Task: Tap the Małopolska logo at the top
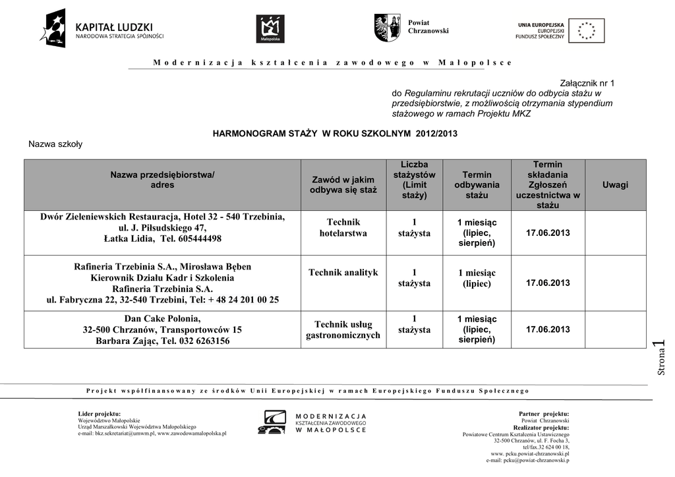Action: coord(270,29)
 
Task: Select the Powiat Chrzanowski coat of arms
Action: coord(387,28)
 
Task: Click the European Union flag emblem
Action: coord(586,30)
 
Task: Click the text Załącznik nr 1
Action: coord(587,83)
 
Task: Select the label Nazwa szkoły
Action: coord(55,144)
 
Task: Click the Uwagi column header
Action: coord(615,185)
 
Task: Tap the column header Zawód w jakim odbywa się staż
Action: coord(343,185)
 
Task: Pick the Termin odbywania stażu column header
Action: coord(477,185)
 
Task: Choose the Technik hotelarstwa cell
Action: coord(343,228)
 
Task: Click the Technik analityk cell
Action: coord(343,273)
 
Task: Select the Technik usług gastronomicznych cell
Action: coord(343,329)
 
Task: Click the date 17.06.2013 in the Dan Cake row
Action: coord(548,329)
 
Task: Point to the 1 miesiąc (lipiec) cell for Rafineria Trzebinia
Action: coord(477,278)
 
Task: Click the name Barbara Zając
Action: coord(125,341)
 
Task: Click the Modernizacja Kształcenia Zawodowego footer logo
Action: coord(313,422)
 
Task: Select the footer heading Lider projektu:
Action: coord(100,413)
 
